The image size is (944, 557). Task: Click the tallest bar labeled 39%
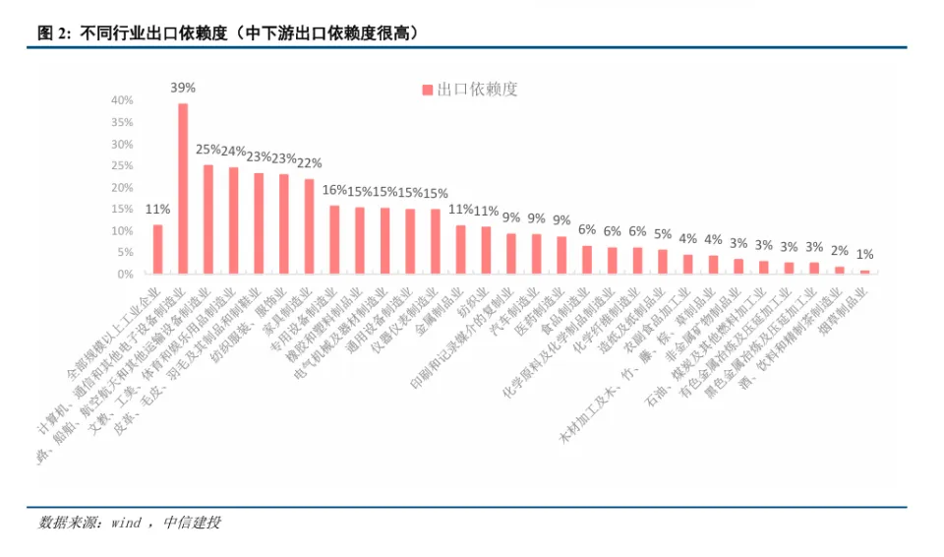[183, 188]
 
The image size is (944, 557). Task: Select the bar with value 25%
[208, 218]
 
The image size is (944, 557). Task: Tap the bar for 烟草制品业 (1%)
[865, 272]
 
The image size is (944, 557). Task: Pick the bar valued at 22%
[310, 225]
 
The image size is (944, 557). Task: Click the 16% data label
[334, 190]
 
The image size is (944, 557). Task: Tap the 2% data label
[840, 251]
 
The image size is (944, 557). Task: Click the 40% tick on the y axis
[122, 100]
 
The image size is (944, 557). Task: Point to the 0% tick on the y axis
[126, 275]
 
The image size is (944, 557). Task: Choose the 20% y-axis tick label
[122, 187]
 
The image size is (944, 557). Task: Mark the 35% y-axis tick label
[122, 122]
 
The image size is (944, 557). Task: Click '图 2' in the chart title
[54, 33]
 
